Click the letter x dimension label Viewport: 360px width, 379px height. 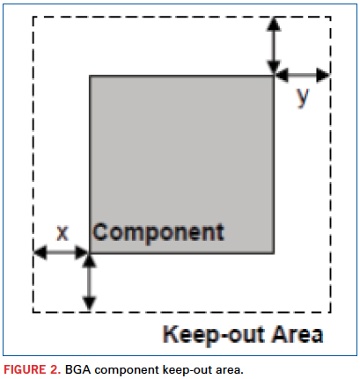pos(62,233)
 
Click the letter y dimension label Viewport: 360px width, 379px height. pos(303,98)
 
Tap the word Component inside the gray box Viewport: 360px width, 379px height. pos(158,233)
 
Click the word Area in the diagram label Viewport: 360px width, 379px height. pos(297,334)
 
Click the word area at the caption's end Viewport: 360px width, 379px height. pos(230,371)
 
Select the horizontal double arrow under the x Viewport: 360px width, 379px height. pos(62,252)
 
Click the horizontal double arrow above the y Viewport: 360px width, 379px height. pos(303,75)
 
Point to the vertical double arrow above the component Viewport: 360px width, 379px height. pos(274,46)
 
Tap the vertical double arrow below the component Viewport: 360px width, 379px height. pos(89,282)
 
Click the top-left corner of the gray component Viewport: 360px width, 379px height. pos(90,76)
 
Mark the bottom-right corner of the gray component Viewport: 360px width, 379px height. pos(274,253)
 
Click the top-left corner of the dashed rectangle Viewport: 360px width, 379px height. pos(33,17)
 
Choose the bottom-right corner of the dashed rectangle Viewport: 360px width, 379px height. pos(331,312)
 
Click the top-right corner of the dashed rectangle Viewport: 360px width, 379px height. pos(331,17)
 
